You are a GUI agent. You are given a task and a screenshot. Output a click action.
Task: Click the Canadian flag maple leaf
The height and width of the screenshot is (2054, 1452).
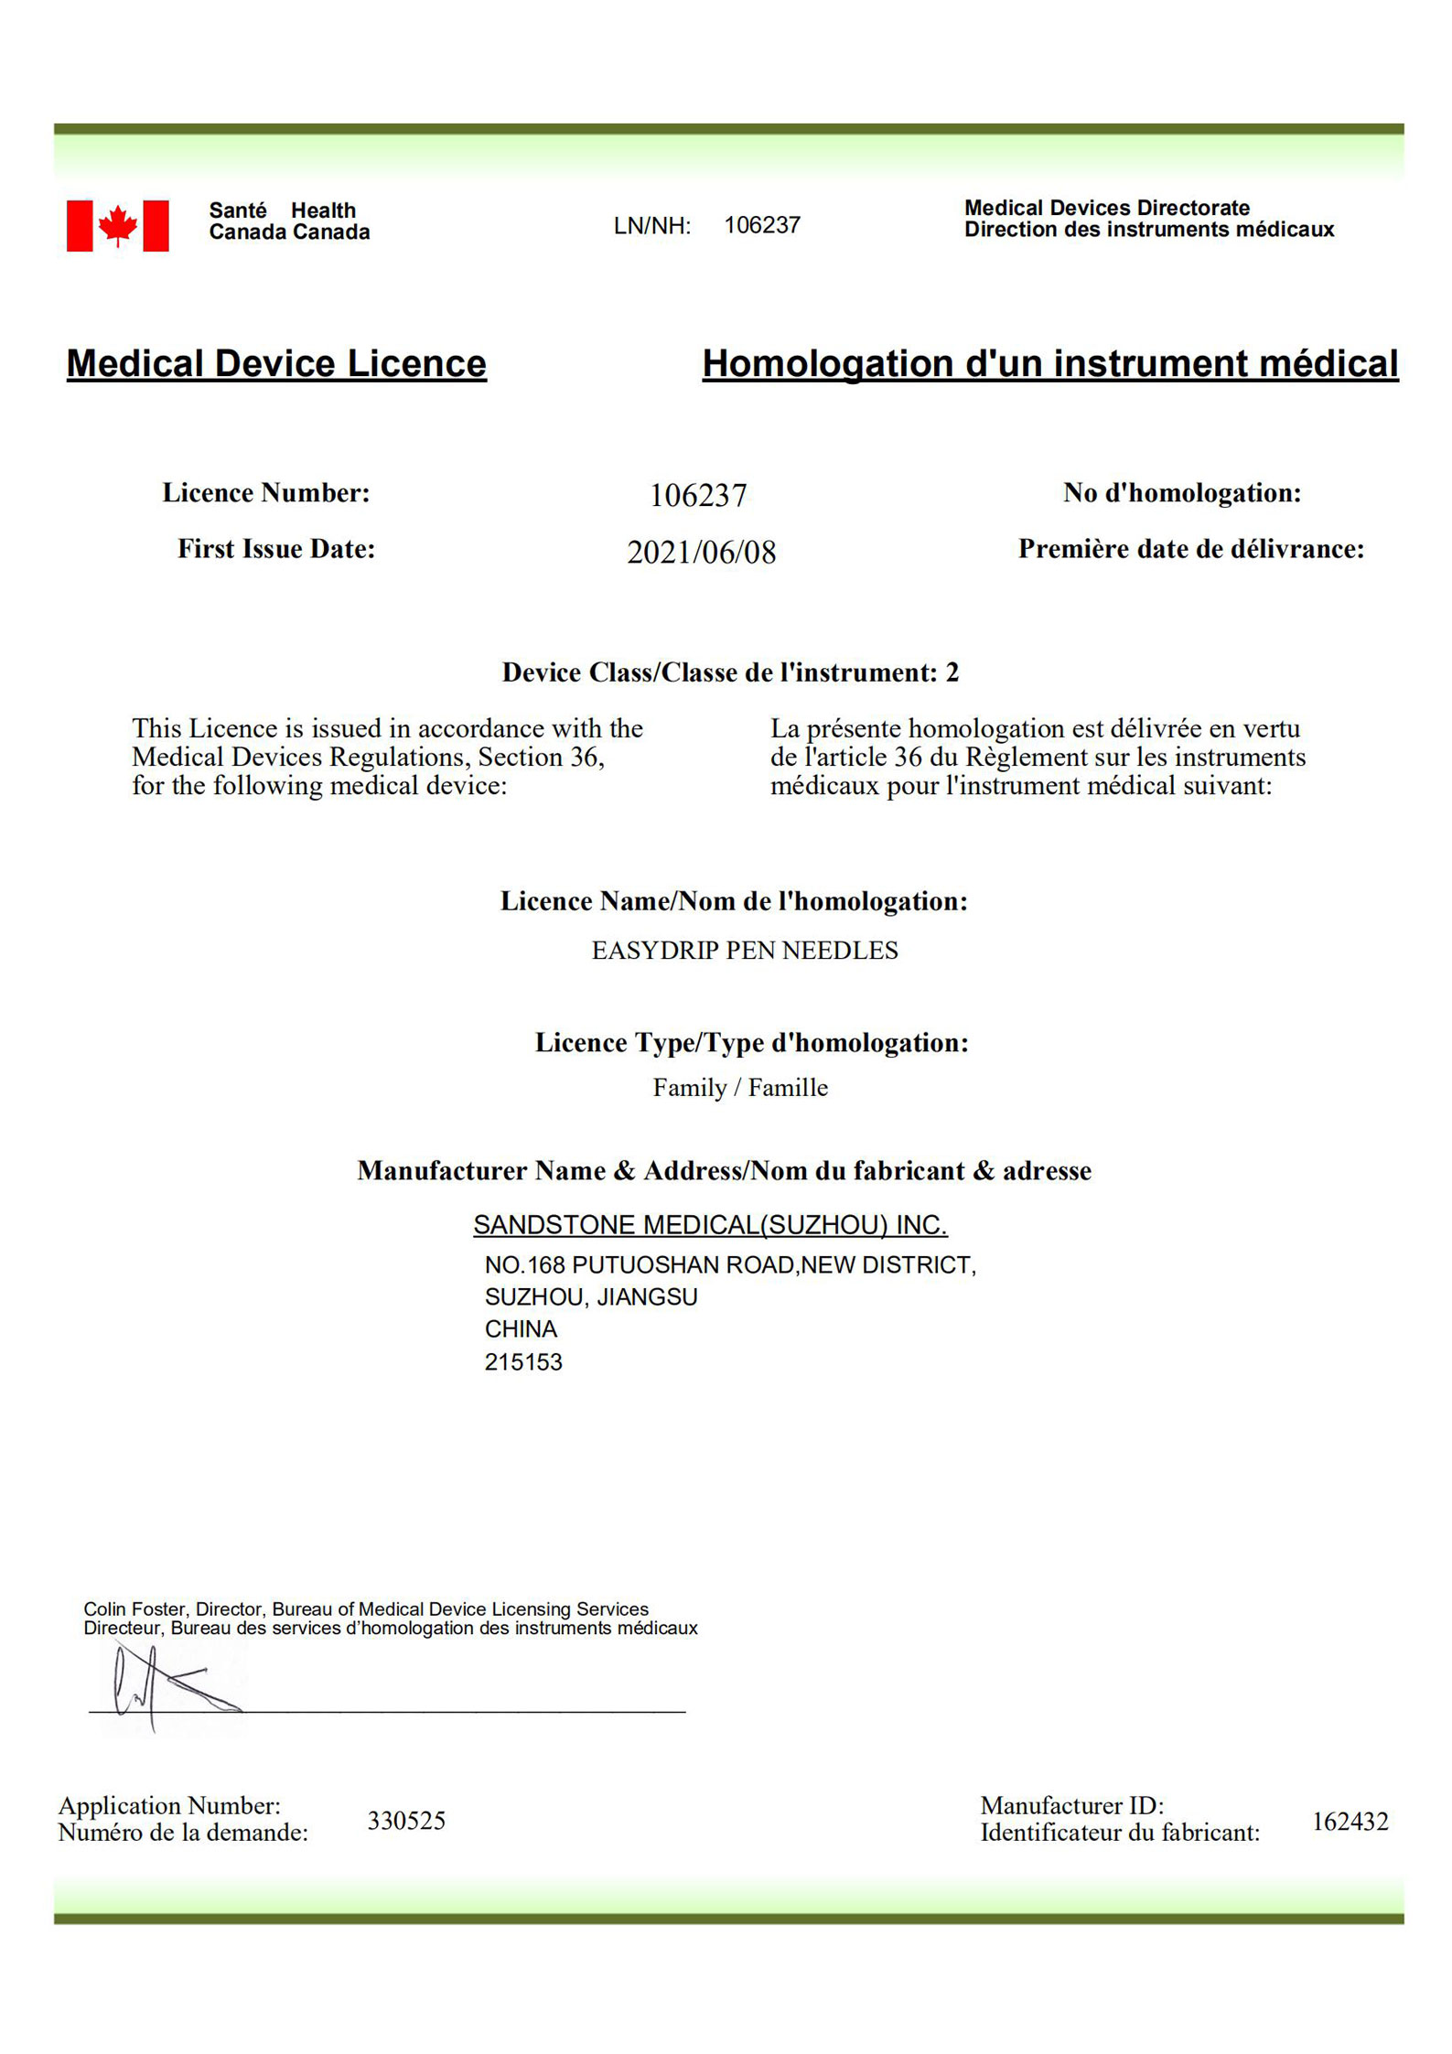[x=117, y=225]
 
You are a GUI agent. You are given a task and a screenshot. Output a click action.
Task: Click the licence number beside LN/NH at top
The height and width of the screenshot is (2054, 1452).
[x=761, y=225]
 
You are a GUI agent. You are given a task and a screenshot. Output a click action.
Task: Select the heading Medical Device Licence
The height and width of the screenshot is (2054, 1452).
[x=276, y=363]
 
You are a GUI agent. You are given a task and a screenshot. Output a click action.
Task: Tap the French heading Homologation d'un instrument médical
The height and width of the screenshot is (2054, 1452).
[x=1049, y=363]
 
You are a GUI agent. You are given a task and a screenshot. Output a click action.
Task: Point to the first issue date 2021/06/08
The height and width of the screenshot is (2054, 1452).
[x=701, y=552]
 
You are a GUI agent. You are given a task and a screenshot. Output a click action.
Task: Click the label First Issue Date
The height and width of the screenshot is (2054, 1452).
[x=276, y=548]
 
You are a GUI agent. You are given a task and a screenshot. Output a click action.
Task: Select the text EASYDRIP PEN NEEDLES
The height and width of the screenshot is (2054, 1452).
[x=744, y=951]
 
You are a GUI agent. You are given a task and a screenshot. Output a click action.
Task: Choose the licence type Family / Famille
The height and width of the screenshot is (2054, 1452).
[x=739, y=1087]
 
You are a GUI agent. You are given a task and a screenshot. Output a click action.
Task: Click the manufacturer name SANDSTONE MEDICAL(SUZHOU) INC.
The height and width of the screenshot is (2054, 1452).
[x=710, y=1224]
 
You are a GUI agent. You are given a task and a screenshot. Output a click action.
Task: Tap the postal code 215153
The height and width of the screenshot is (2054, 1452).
[x=523, y=1362]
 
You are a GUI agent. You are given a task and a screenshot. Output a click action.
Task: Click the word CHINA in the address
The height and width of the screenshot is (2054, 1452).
[x=521, y=1328]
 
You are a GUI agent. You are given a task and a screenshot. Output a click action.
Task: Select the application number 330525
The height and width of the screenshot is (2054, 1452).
[x=406, y=1821]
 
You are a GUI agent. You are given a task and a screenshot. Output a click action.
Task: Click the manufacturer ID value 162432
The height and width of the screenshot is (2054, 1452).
[x=1350, y=1822]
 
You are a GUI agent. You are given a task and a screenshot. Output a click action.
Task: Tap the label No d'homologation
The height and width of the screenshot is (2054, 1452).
[x=1181, y=493]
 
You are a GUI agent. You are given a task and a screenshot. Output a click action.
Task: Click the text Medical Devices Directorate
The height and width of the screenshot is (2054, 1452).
[x=1106, y=208]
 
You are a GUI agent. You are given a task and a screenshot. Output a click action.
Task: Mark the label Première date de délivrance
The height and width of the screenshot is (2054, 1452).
[x=1190, y=549]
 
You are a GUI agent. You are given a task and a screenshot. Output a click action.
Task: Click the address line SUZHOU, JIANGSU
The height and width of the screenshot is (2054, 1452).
[x=591, y=1296]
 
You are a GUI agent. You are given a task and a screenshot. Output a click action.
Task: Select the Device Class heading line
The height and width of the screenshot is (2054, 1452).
[x=730, y=672]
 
